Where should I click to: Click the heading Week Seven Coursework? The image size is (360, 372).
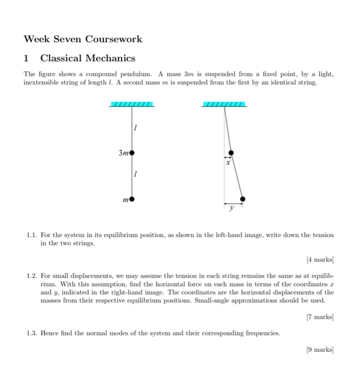tap(83, 39)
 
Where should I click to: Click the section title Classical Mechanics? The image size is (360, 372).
tap(88, 58)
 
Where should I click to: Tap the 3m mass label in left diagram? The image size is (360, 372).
tap(124, 153)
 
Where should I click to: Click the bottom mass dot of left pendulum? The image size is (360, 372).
tap(132, 199)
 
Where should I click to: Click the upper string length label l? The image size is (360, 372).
tap(136, 129)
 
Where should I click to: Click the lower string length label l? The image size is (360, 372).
tap(136, 175)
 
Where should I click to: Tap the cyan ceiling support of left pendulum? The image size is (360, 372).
tap(132, 104)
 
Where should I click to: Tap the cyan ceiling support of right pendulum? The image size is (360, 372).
tap(225, 104)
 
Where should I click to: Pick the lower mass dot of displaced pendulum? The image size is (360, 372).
tap(243, 199)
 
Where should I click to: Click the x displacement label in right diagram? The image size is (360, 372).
tap(228, 164)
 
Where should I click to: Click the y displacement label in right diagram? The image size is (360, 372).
tap(231, 209)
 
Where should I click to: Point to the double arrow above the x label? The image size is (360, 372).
tap(227, 157)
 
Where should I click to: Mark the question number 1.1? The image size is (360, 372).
tap(31, 234)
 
